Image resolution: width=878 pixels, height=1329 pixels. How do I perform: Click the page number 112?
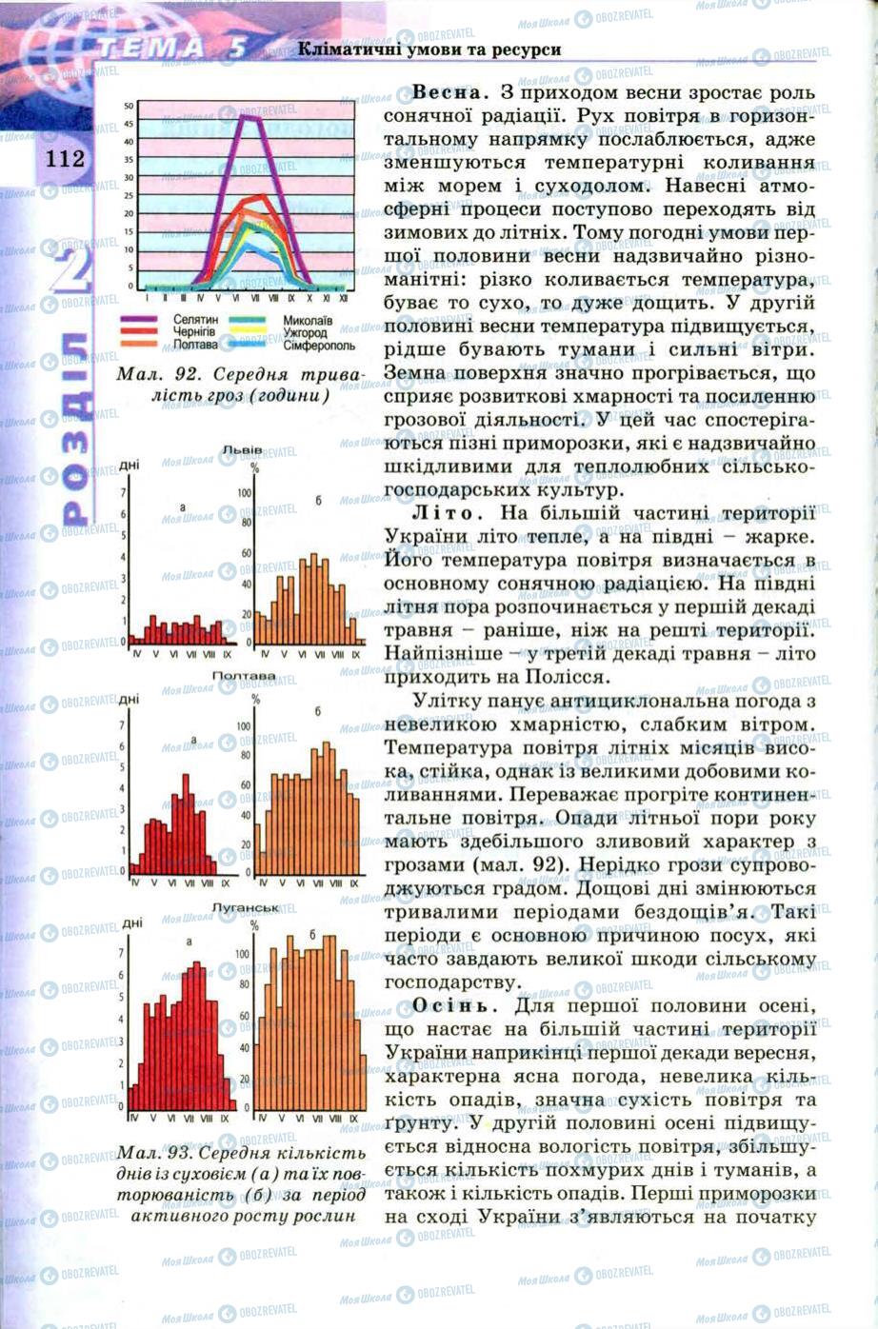coord(64,158)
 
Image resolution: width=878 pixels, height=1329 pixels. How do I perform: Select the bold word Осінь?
coord(452,1005)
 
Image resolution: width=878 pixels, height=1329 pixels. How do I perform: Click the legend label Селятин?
coord(196,321)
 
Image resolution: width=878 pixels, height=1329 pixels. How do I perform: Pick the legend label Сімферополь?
coord(318,346)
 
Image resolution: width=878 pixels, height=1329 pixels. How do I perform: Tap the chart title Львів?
coord(242,448)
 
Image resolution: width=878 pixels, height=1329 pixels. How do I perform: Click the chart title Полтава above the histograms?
coord(243,676)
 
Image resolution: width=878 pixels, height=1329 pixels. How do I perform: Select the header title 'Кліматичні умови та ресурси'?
coord(429,49)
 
